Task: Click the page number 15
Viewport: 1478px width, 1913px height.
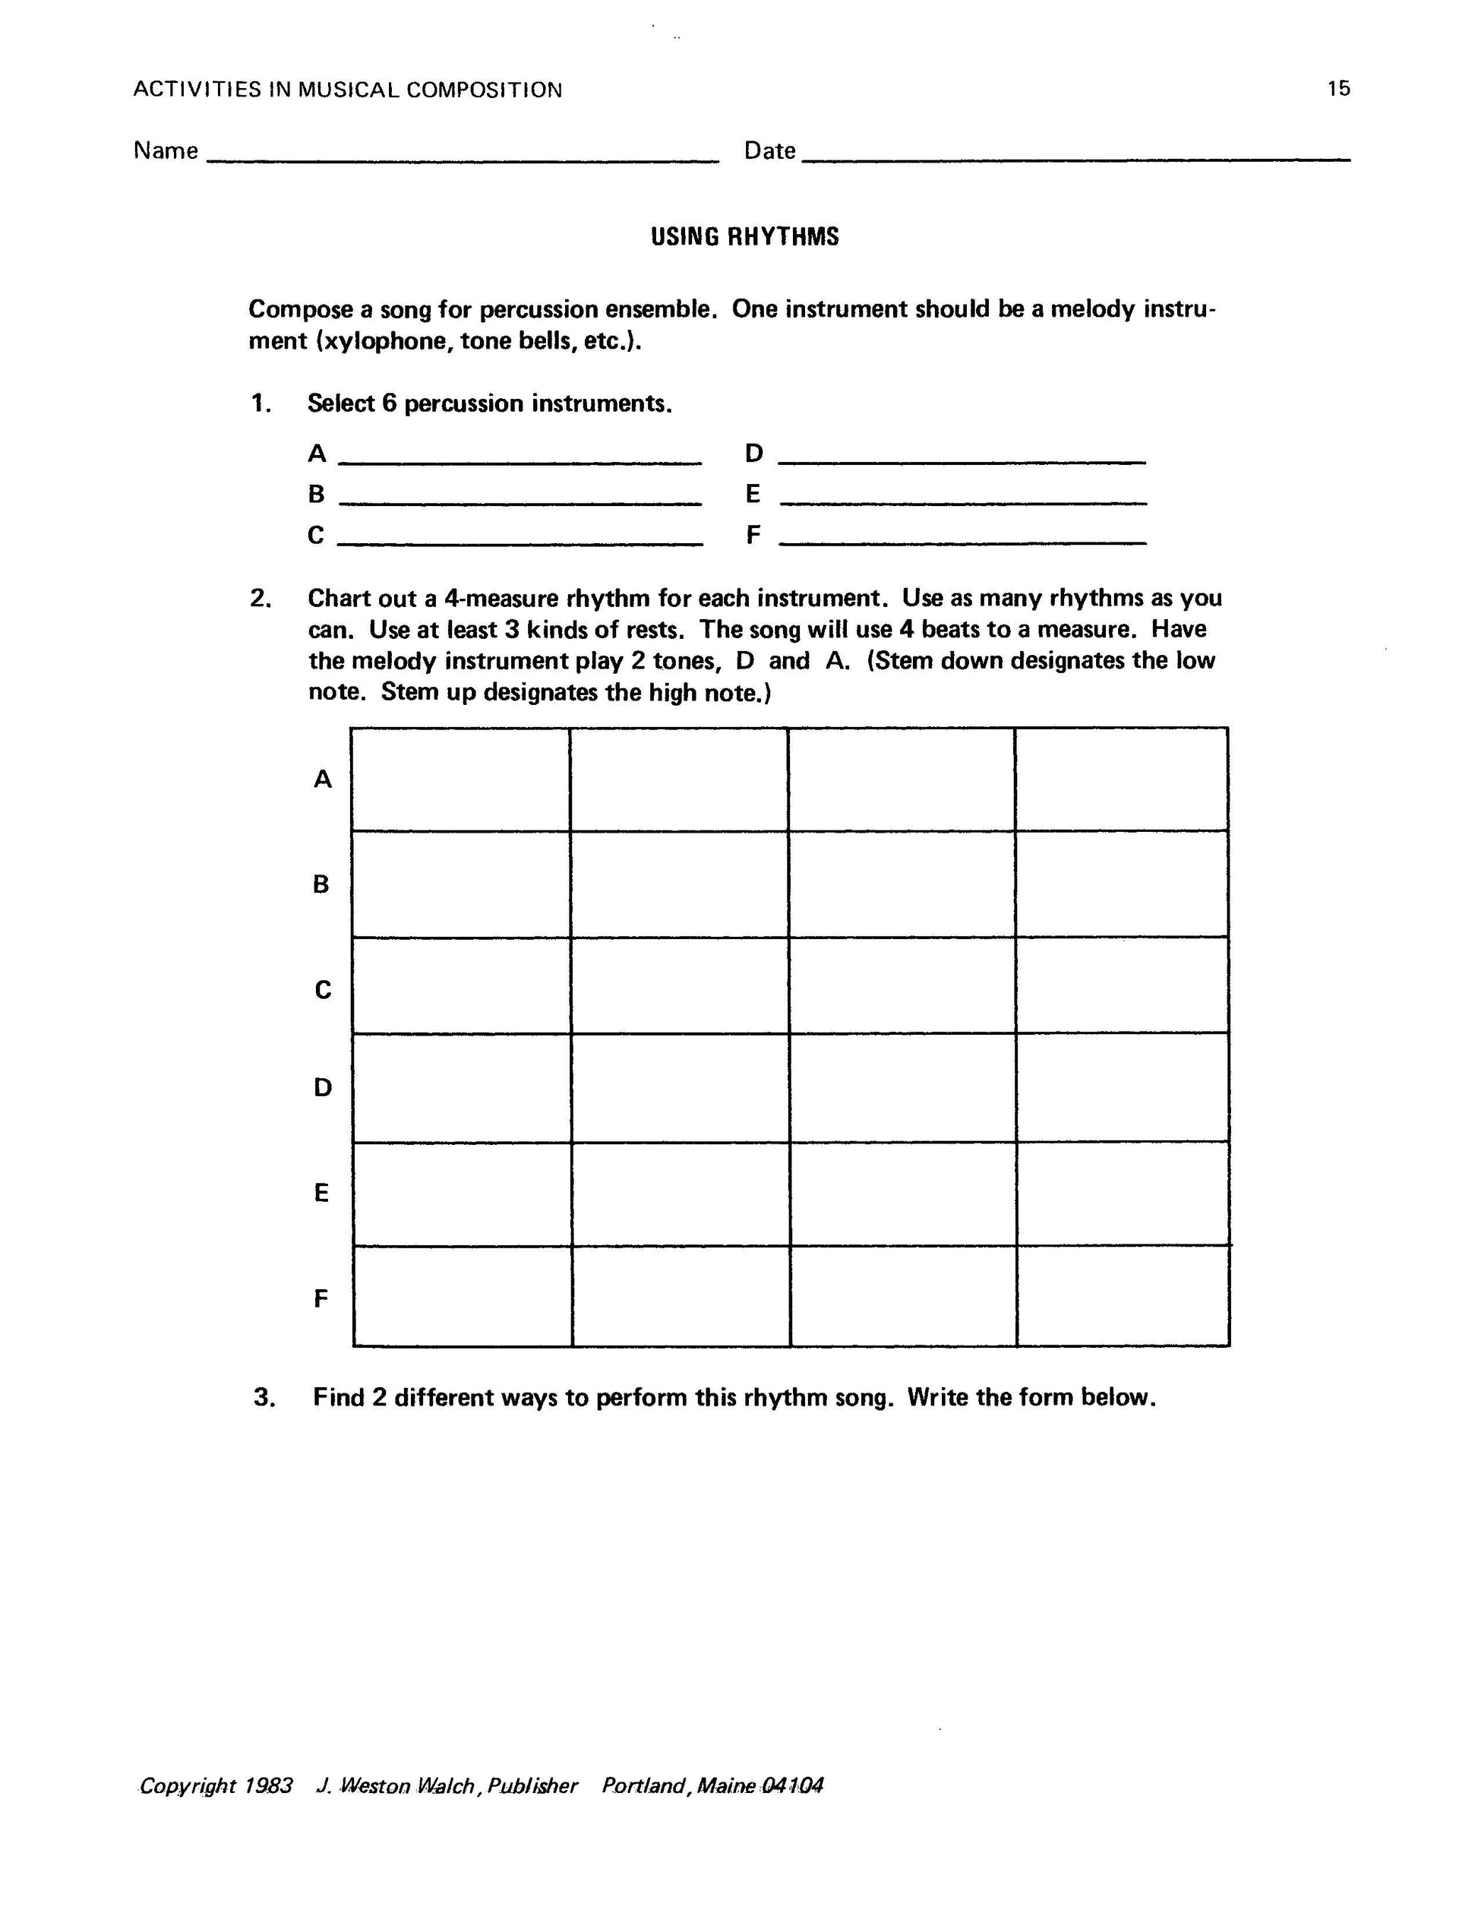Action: click(1338, 88)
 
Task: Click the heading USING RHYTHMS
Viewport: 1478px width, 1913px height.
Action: click(744, 236)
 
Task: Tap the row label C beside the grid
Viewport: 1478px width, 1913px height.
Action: click(322, 990)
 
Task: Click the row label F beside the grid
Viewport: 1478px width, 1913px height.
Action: click(321, 1298)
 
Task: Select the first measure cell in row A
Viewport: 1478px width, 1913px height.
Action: click(460, 779)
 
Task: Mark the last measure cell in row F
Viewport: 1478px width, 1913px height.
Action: click(1123, 1295)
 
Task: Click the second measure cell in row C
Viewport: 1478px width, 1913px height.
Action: click(680, 985)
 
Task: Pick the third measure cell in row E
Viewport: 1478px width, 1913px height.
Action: click(903, 1193)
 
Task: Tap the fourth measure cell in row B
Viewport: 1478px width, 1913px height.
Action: click(1122, 884)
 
